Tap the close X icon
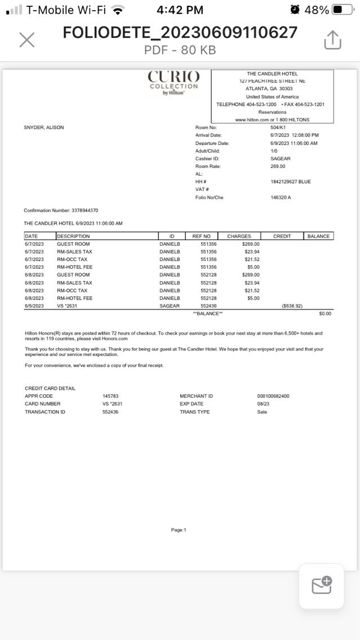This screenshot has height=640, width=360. pos(26,39)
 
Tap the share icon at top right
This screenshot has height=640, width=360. pos(332,39)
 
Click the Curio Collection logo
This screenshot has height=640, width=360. pos(174,83)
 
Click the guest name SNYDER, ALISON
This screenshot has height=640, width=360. pos(44,127)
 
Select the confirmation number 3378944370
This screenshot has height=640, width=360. pos(85,210)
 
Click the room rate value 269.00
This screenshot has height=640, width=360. pos(278,166)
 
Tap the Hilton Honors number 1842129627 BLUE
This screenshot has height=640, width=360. pos(290,182)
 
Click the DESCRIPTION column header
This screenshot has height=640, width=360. pos(73,236)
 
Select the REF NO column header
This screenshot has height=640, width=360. pos(201,236)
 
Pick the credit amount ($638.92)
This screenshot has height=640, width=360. pos(292,306)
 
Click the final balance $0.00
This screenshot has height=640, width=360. pos(325,313)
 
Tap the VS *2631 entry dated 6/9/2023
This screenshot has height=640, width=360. pos(67,306)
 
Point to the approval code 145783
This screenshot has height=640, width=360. pos(110,396)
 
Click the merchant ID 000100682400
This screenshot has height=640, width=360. pos(273,396)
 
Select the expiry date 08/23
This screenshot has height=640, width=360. pos(263,404)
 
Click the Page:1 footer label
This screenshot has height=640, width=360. pos(179,530)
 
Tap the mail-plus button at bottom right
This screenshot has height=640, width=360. pos(322,586)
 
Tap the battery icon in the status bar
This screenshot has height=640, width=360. pos(343,10)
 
